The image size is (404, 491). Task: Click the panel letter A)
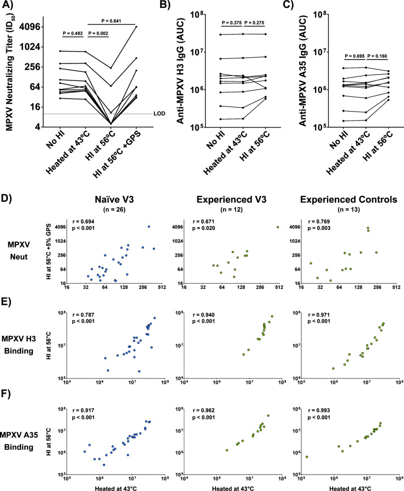(x=7, y=6)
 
